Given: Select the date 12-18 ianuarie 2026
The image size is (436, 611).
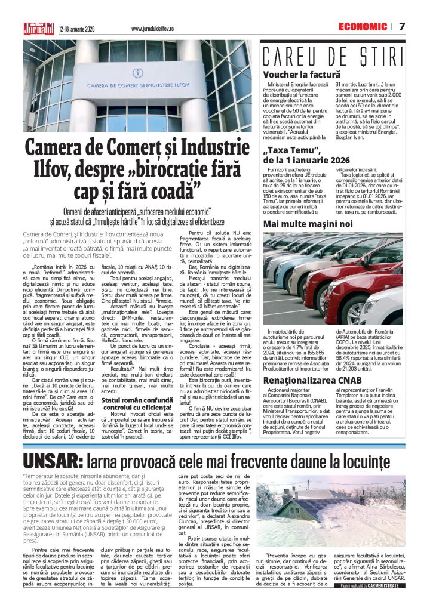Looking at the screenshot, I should (x=78, y=28).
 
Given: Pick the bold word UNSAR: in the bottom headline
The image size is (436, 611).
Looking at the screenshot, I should (x=53, y=461).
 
